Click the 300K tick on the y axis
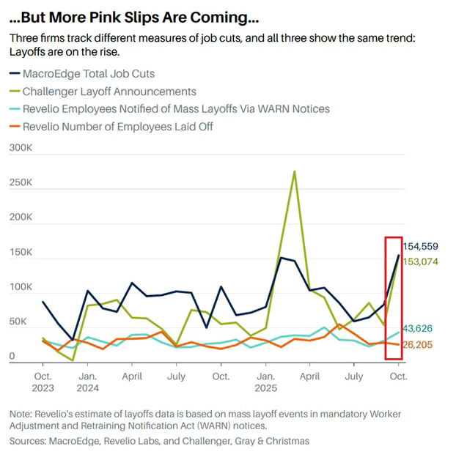click(x=21, y=148)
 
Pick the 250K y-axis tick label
click(x=21, y=182)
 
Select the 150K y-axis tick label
click(x=21, y=253)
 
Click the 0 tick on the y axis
click(x=12, y=357)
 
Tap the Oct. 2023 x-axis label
click(x=43, y=382)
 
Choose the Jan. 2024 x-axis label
click(x=87, y=382)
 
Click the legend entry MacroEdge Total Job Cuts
click(x=89, y=73)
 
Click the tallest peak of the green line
click(x=294, y=171)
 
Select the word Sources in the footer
click(x=28, y=441)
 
